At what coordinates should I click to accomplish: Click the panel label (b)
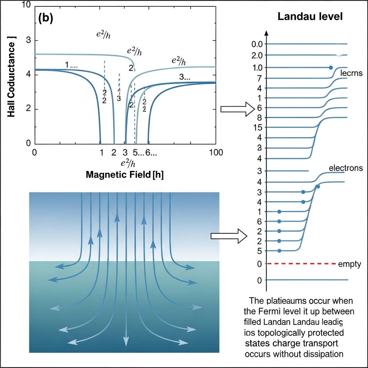point(46,19)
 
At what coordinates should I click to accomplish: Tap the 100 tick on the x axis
point(215,152)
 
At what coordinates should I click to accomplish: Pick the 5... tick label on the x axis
point(138,152)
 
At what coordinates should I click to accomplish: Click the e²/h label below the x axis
point(128,163)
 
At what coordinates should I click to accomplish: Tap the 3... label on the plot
point(184,77)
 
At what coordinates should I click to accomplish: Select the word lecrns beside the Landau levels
point(351,73)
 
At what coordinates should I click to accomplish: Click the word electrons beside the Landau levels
point(346,168)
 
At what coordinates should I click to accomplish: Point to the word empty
point(350,264)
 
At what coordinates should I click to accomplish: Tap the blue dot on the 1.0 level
point(331,68)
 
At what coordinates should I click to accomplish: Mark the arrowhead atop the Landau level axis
point(266,33)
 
